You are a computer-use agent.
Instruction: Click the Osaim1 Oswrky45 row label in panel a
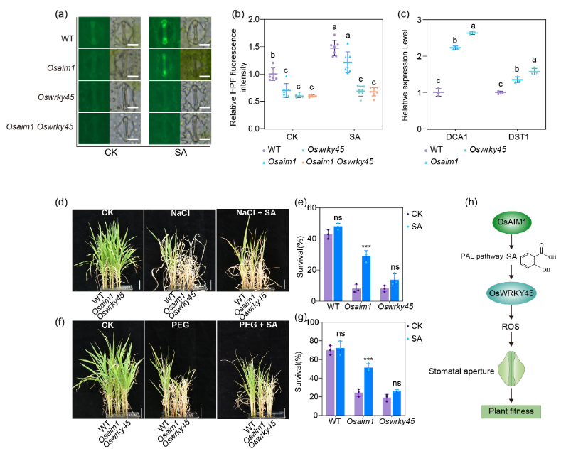40,127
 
